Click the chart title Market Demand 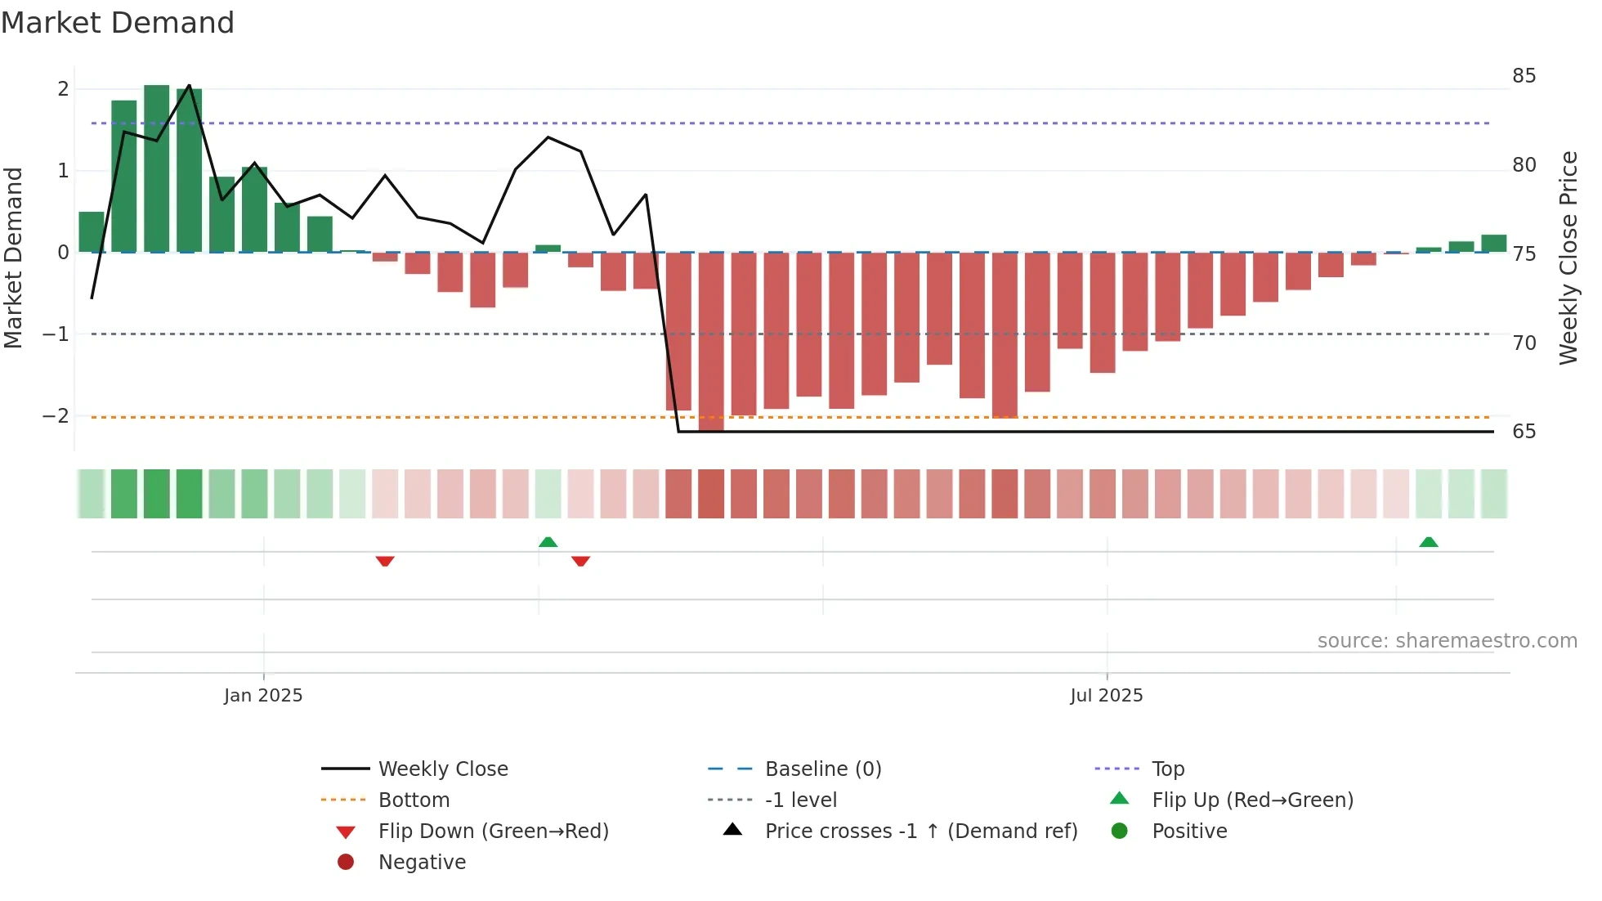[x=118, y=23]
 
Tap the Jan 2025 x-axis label [x=263, y=696]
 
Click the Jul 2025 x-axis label [x=1106, y=696]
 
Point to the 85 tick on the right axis [x=1524, y=76]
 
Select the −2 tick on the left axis [x=56, y=416]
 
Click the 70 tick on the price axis [x=1524, y=343]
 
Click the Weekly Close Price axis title [x=1568, y=258]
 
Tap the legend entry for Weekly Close [x=442, y=769]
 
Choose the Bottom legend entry [x=414, y=800]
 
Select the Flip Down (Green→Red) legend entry [x=493, y=832]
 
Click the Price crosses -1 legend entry [x=920, y=832]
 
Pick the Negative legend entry [x=422, y=863]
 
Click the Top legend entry [x=1167, y=769]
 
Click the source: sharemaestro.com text [x=1447, y=641]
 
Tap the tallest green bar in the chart [x=157, y=168]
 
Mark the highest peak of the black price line [x=190, y=86]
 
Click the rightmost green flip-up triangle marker [x=1428, y=542]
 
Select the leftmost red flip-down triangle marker [x=385, y=561]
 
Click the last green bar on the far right [x=1493, y=244]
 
